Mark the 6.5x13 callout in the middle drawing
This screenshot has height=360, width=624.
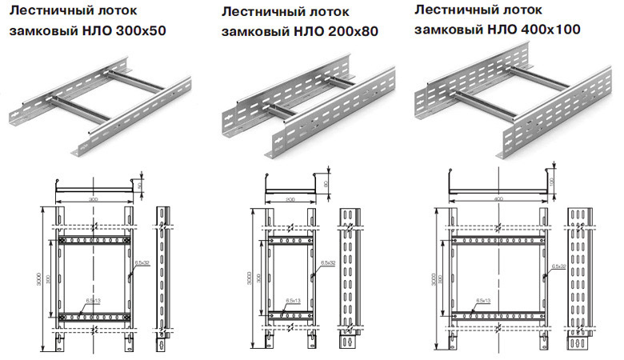coord(294,301)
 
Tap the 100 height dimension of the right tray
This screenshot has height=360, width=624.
coord(552,181)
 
